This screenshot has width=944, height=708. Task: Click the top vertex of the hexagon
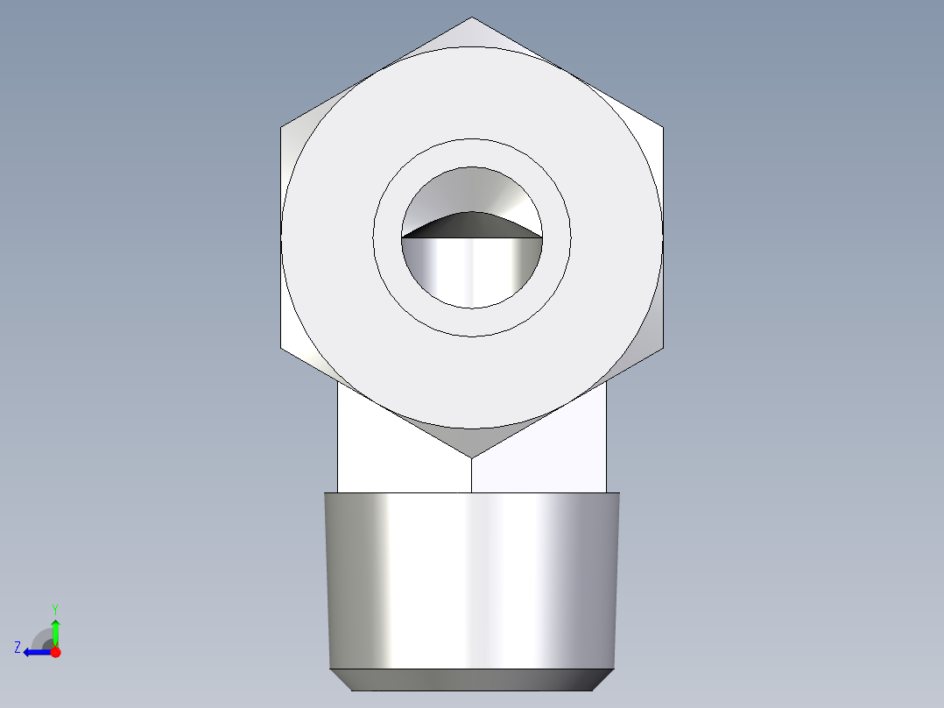point(472,18)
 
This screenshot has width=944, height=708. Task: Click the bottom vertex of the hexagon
point(472,457)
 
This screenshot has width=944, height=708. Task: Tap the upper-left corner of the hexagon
point(281,128)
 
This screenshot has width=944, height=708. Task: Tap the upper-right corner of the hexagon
point(663,128)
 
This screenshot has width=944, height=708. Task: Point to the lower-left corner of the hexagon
point(281,348)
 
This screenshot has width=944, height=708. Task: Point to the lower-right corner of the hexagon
point(663,348)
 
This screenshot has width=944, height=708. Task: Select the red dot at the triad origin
point(55,652)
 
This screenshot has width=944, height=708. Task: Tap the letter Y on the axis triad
point(55,608)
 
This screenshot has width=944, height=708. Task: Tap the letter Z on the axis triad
point(18,648)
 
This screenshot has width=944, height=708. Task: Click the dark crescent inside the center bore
point(471,226)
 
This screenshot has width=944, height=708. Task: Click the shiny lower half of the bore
point(472,272)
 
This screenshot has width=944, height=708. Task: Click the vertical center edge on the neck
point(472,475)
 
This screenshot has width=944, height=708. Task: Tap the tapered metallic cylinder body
point(472,578)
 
